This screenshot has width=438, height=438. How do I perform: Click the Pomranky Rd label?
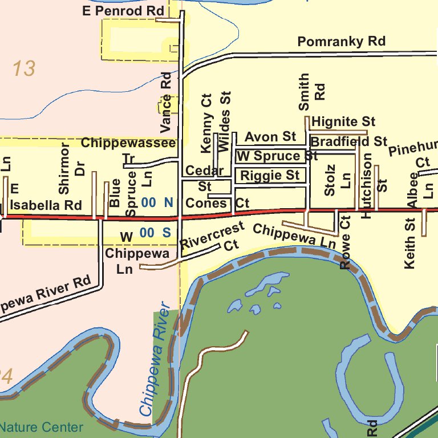(341, 42)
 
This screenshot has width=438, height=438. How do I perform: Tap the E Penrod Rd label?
(123, 11)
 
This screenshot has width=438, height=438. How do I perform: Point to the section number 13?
(24, 69)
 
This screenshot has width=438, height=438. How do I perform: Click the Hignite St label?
(343, 121)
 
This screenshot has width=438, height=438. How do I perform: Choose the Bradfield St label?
(348, 141)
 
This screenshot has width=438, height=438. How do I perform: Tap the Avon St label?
(270, 137)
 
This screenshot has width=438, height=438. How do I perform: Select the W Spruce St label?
(277, 156)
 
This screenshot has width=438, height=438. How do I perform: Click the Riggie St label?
(270, 175)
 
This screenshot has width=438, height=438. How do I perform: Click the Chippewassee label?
(128, 143)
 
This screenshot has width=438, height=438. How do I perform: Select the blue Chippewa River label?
(155, 359)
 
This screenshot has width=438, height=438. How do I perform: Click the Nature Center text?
(41, 427)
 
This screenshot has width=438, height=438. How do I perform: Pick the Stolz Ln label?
(338, 181)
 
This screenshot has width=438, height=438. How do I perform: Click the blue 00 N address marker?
(157, 202)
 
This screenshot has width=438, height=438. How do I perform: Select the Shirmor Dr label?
(72, 168)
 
